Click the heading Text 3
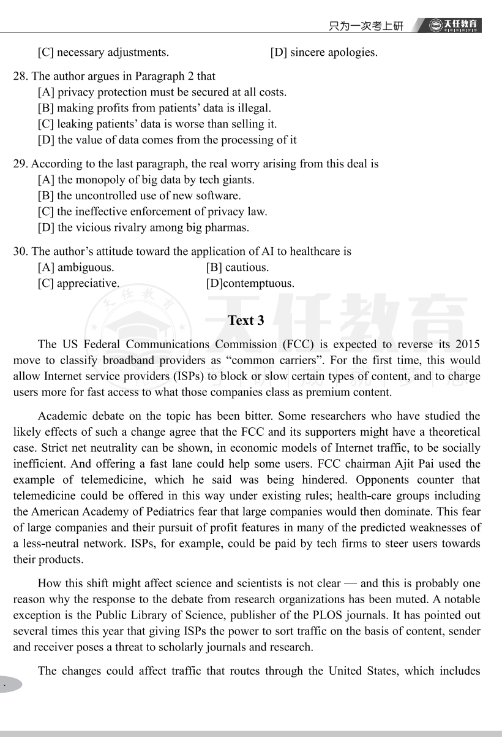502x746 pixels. pos(245,321)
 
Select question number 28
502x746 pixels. pos(20,77)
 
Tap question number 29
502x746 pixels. pos(20,164)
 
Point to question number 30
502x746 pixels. pos(20,252)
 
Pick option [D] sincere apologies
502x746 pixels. pos(323,53)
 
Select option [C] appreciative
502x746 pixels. pos(78,284)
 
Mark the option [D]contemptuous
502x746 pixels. pos(250,284)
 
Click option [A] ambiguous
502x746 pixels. pos(75,268)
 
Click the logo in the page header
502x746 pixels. pos(455,25)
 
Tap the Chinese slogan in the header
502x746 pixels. pos(366,26)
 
